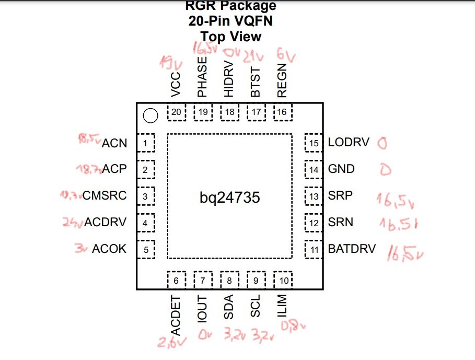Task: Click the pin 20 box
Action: point(177,112)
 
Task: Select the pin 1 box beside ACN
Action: point(146,143)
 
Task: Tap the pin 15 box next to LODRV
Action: point(314,143)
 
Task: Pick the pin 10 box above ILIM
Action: point(283,281)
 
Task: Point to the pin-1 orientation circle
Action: point(150,116)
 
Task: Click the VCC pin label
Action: point(176,85)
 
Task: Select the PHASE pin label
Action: point(202,77)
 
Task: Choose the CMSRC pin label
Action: point(105,196)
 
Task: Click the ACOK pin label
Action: point(109,249)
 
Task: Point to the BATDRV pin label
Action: point(352,249)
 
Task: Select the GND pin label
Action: point(341,169)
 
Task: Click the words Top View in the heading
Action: point(231,37)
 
